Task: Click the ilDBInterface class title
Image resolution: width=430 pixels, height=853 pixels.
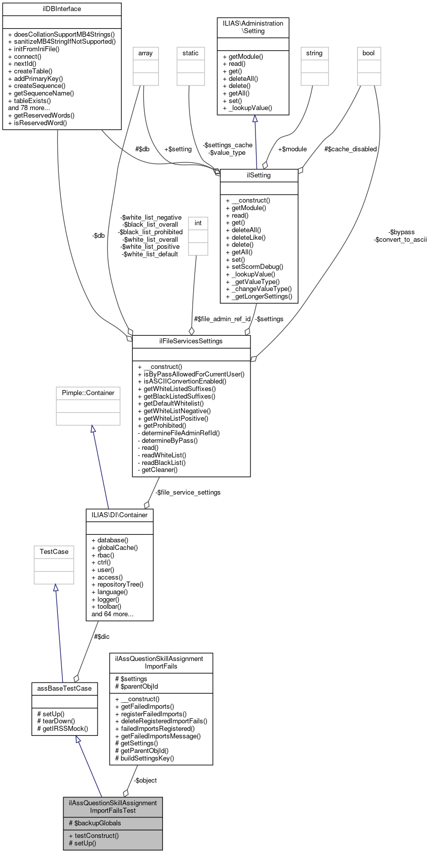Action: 62,9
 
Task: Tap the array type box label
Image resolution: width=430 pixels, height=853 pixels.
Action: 145,53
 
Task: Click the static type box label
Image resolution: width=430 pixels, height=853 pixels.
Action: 191,53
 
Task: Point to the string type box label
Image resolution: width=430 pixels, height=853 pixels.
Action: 314,53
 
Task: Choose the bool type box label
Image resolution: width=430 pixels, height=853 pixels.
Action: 369,53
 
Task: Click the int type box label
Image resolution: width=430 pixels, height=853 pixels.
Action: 198,223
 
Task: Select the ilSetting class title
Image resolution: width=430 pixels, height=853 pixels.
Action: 259,175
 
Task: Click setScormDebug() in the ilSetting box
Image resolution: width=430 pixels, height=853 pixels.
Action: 254,267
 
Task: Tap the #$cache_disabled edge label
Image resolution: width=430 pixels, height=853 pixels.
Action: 351,149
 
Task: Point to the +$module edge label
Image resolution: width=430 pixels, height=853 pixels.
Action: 292,149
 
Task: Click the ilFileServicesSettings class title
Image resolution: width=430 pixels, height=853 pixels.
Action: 191,341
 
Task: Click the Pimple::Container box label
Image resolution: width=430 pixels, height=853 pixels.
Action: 88,393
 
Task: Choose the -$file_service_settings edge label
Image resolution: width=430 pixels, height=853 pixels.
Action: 188,492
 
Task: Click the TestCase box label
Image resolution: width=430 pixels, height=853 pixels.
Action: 54,552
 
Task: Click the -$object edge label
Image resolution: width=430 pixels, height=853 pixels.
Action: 145,780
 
